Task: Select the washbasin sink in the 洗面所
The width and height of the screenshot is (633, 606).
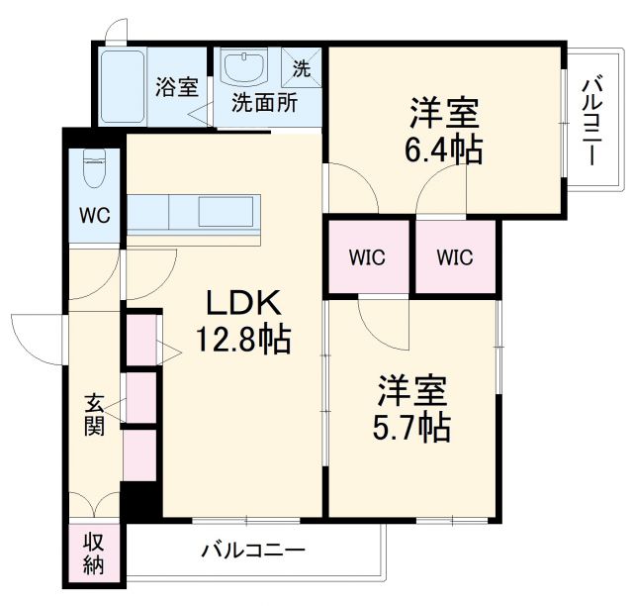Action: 243,70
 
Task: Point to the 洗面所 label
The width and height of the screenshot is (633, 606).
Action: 263,103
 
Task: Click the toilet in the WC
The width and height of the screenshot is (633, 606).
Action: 95,171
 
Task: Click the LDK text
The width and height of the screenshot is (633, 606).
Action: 244,302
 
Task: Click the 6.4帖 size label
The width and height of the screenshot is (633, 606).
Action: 444,151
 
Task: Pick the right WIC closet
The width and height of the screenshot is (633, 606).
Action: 455,257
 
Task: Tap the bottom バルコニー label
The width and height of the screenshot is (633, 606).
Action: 253,549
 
